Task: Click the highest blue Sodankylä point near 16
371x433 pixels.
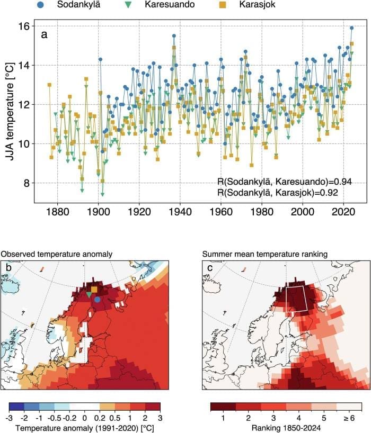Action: click(x=351, y=28)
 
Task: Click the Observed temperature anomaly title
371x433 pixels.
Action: click(x=56, y=255)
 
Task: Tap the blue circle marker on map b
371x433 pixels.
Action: click(x=97, y=300)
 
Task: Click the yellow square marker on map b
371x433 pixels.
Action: click(x=94, y=289)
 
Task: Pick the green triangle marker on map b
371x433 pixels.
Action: click(x=88, y=294)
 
